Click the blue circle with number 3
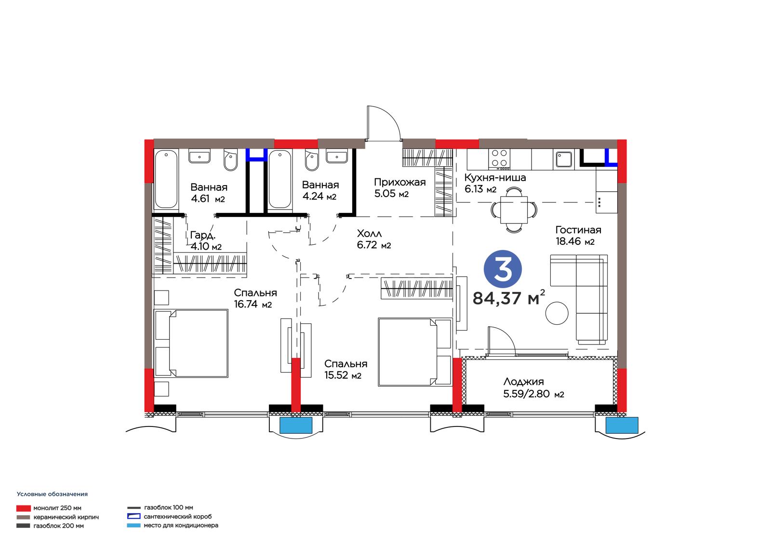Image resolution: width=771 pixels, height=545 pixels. [x=503, y=269]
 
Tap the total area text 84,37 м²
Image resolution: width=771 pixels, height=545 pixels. [x=508, y=298]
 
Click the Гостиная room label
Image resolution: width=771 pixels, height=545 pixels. [x=578, y=230]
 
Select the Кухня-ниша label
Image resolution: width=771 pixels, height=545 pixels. [x=495, y=178]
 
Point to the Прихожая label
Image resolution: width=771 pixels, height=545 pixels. [x=399, y=182]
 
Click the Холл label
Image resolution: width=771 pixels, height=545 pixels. [x=369, y=234]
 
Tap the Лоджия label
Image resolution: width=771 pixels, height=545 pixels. [x=523, y=382]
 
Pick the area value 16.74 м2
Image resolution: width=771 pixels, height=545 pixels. [x=253, y=305]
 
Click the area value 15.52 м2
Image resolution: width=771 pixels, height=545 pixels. [x=343, y=375]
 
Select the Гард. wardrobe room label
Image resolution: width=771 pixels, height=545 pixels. [x=203, y=235]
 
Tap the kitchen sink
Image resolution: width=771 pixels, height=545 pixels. [x=564, y=160]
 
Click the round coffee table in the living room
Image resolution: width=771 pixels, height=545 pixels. [x=557, y=313]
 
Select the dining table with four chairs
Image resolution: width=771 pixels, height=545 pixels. [x=514, y=209]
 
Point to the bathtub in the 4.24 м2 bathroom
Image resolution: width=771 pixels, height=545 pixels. [x=280, y=179]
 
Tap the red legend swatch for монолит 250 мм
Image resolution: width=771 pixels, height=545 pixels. [x=24, y=508]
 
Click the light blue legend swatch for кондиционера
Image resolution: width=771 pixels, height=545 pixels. [x=133, y=526]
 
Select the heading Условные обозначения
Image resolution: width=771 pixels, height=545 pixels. [x=53, y=494]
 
